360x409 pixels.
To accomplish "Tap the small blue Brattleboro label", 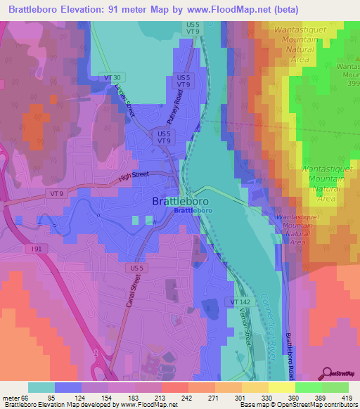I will point(193,211).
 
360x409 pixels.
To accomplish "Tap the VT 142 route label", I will point(238,301).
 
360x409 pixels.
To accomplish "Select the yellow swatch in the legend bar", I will point(281,388).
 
